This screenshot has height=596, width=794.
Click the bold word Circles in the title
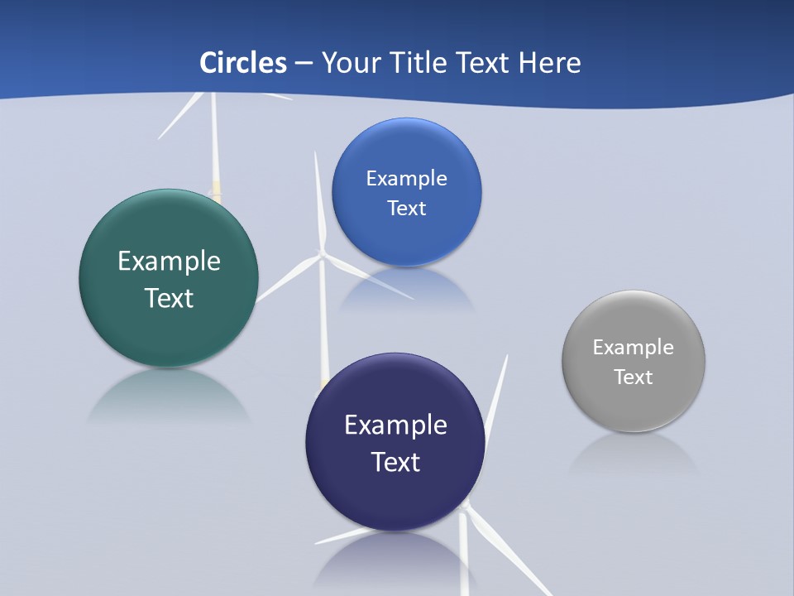(243, 63)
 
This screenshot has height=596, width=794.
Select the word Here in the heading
(549, 63)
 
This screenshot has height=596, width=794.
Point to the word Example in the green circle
(169, 261)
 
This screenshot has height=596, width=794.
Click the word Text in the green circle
(169, 298)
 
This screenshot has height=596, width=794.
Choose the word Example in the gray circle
(634, 348)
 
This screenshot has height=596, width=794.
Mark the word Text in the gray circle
(634, 377)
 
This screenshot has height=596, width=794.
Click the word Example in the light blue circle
(406, 179)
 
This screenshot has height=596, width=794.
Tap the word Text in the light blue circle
(406, 209)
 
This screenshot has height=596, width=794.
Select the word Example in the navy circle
(395, 425)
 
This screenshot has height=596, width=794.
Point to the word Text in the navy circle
(395, 462)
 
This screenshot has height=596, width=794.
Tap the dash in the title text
(304, 64)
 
